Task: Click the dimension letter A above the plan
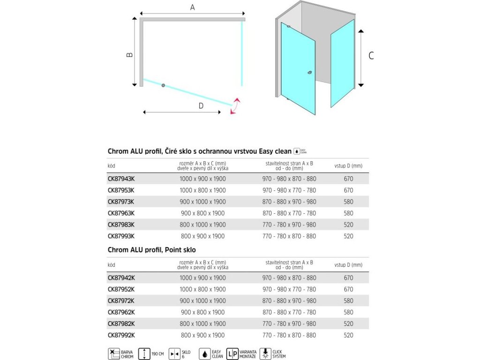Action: (x=192, y=7)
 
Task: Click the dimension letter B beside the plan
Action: (x=130, y=54)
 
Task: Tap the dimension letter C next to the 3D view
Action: (x=371, y=56)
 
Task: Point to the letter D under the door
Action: (x=201, y=106)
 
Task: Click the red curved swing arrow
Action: (x=235, y=106)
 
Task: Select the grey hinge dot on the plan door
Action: (x=163, y=85)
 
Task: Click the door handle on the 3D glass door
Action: (x=309, y=73)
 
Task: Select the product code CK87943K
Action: (x=121, y=179)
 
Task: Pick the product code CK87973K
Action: (x=121, y=202)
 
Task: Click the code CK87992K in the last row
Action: (x=121, y=335)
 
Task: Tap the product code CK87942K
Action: (x=121, y=277)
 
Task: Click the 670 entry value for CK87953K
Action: (x=348, y=190)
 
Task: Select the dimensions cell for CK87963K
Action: (x=202, y=213)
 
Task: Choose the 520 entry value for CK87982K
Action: (x=348, y=323)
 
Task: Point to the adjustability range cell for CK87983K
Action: (x=289, y=225)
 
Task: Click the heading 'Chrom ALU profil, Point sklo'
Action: (x=152, y=250)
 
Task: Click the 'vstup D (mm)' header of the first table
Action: (x=348, y=165)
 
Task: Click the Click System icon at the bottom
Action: (x=266, y=353)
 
